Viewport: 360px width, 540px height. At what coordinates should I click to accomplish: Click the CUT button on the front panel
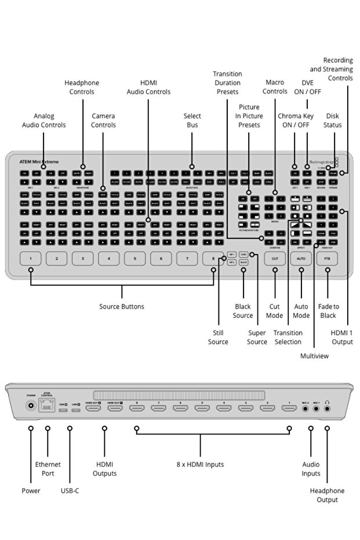[x=275, y=258]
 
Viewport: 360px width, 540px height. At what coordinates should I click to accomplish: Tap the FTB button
[x=328, y=258]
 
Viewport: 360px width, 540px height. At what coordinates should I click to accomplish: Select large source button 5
[x=134, y=258]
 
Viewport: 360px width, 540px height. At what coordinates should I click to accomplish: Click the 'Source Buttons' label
[x=122, y=306]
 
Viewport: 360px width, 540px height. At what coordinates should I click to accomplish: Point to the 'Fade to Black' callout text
[x=328, y=311]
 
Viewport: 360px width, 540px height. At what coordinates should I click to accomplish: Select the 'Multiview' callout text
[x=314, y=356]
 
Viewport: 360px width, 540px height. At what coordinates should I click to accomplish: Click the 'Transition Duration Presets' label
[x=227, y=82]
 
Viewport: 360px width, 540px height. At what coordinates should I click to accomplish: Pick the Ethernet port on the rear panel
[x=48, y=407]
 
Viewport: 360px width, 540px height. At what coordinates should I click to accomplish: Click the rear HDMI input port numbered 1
[x=289, y=408]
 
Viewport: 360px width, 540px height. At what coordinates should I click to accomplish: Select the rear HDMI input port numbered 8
[x=137, y=408]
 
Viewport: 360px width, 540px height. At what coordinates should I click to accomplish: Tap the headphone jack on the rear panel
[x=328, y=408]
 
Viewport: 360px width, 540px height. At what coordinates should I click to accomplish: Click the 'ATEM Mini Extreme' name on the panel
[x=39, y=161]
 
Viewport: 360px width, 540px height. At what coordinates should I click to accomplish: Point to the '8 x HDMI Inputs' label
[x=200, y=464]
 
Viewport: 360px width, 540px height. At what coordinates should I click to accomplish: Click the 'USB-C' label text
[x=70, y=491]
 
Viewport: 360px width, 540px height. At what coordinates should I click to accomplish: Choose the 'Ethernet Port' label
[x=48, y=469]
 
